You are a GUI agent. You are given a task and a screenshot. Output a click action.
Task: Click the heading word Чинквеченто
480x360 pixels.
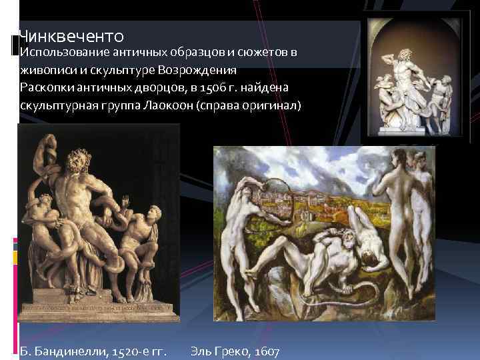coord(71,35)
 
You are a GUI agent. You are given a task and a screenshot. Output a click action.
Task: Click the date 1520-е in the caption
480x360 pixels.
coord(126,350)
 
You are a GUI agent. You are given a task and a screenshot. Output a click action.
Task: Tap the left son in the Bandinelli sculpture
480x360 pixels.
coord(39,213)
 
